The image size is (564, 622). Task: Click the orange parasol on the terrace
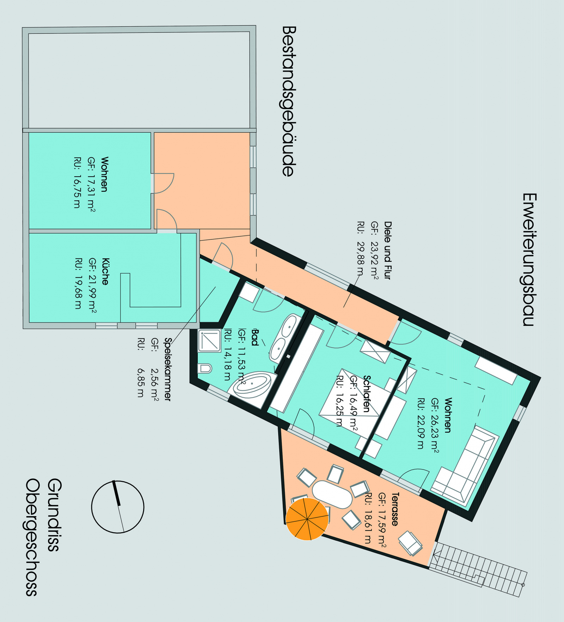coord(307,519)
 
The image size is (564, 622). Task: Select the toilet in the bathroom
coord(204,369)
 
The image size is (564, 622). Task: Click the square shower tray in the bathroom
coord(209,340)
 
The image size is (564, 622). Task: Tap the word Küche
coord(105,271)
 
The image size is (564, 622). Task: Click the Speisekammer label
coord(167,369)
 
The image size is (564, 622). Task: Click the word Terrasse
coord(395,509)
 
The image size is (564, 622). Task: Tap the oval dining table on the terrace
coord(332,494)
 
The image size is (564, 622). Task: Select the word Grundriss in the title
coord(54,514)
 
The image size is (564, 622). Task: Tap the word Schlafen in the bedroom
coord(367,394)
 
